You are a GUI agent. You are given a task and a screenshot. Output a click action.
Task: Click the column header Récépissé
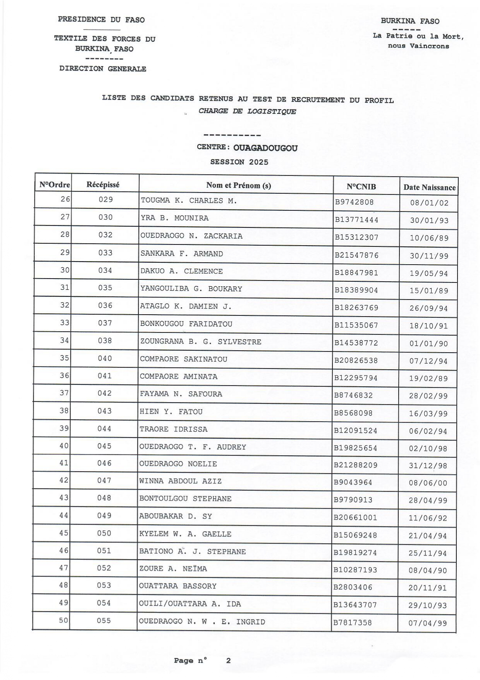[103, 185]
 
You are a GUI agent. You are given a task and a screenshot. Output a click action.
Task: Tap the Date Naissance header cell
[429, 188]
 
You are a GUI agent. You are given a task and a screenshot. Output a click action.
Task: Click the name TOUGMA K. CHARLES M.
[189, 201]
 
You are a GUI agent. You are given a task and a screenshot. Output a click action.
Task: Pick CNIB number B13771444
[357, 220]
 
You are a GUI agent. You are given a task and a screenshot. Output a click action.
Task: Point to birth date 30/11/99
[429, 256]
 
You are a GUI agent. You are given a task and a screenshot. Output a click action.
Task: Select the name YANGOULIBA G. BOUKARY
[191, 289]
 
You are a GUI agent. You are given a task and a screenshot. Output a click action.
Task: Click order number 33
[65, 322]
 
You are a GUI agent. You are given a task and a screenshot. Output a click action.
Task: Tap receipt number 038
[105, 341]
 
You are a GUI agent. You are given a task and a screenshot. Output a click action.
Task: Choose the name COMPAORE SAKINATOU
[183, 359]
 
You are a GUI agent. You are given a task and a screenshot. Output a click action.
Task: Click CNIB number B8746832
[353, 396]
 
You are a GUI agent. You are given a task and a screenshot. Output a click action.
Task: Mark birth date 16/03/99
[428, 414]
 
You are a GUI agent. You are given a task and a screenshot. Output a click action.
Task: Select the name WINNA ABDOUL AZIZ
[180, 481]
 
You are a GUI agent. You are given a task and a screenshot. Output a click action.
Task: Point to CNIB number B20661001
[355, 518]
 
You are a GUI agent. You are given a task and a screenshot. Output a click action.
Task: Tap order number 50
[63, 620]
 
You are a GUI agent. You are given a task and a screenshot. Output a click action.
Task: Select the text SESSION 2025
[239, 162]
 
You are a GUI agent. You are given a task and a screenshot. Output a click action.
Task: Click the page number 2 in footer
[228, 661]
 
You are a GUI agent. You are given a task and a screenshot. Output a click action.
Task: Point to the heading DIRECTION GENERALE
[103, 69]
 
